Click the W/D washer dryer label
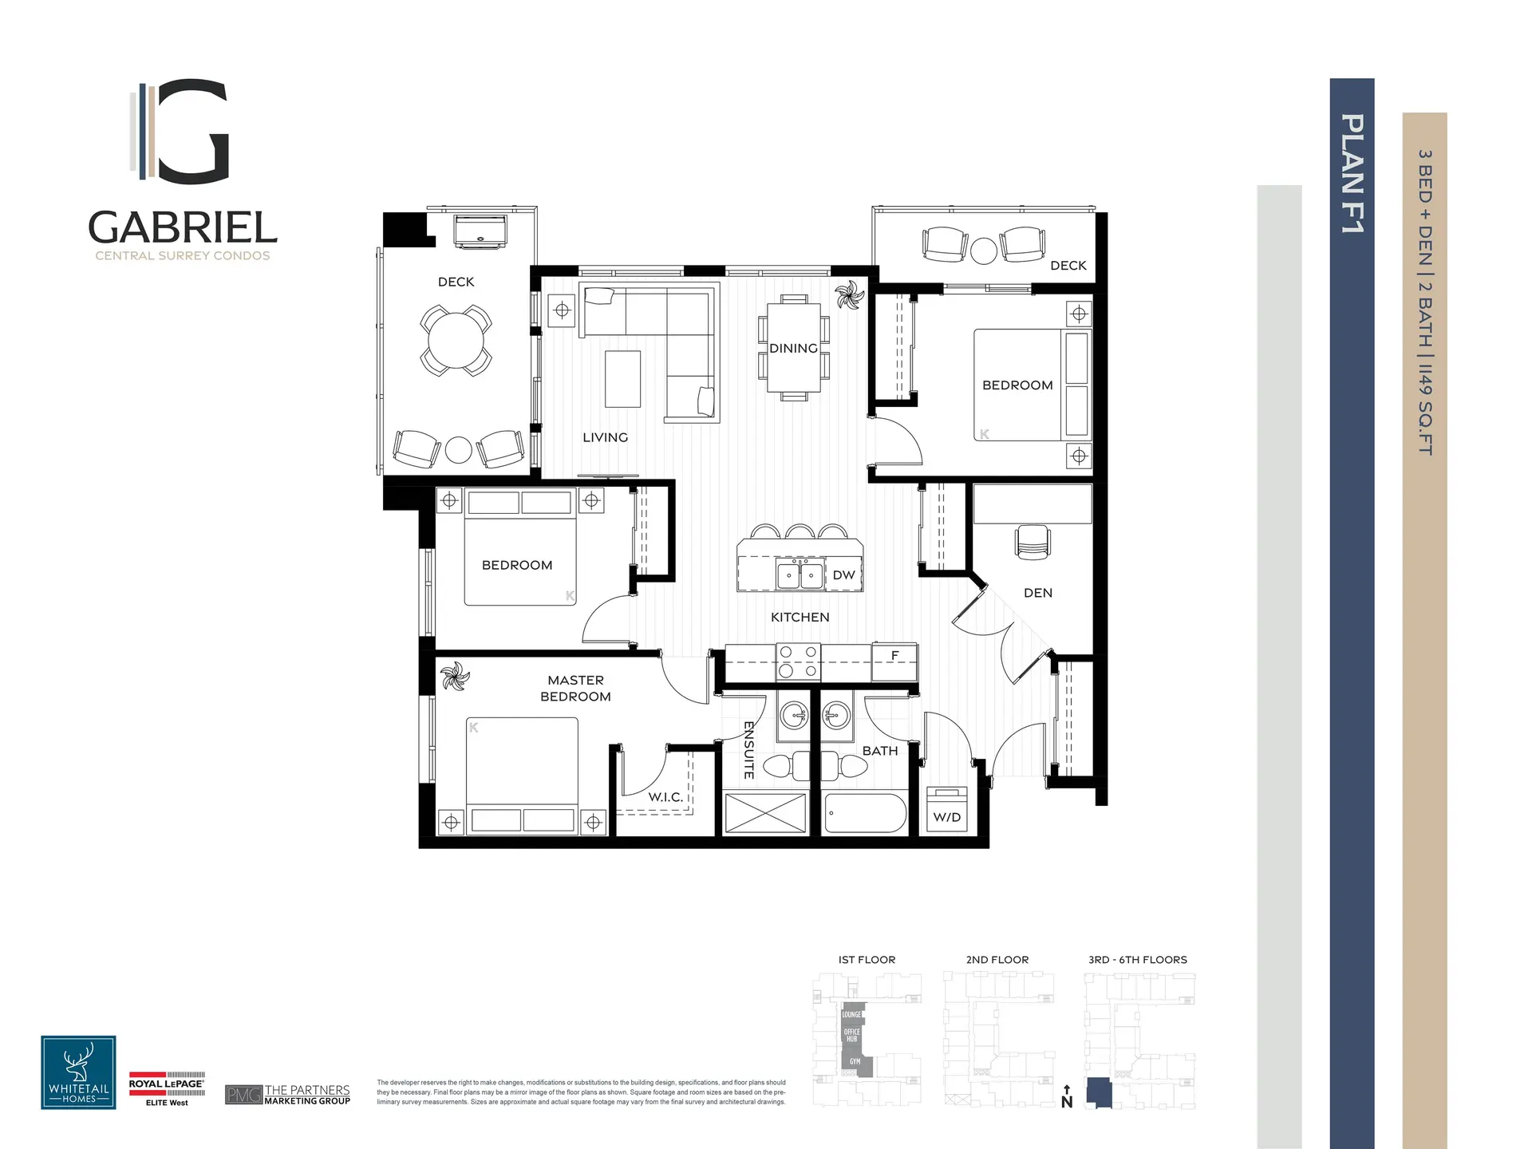click(x=947, y=817)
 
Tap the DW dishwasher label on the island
click(x=843, y=575)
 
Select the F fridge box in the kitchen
click(x=894, y=656)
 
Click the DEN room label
click(x=1037, y=593)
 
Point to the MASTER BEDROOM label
click(x=575, y=688)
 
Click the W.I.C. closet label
click(x=665, y=797)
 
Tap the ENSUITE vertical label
click(x=748, y=750)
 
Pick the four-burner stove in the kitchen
click(x=798, y=662)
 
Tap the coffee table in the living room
click(x=622, y=379)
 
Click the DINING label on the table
click(x=793, y=349)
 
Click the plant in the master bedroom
click(x=455, y=677)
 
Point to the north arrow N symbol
click(x=1067, y=1098)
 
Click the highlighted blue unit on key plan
click(x=1099, y=1092)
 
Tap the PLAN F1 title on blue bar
click(x=1352, y=173)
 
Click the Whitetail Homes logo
click(x=78, y=1072)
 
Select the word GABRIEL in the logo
click(x=183, y=228)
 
